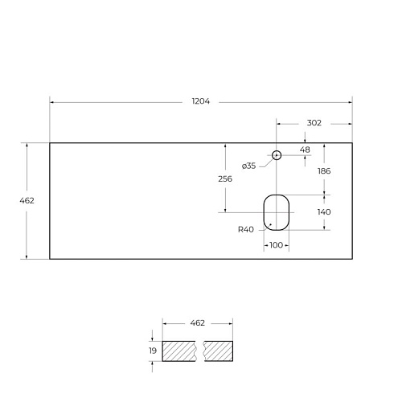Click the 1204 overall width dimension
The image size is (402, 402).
(x=201, y=101)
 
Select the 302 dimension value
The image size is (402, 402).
(x=314, y=123)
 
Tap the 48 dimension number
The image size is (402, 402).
(x=305, y=150)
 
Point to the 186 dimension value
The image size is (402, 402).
(x=324, y=171)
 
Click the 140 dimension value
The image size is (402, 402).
(x=324, y=212)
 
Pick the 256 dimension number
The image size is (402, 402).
(x=225, y=179)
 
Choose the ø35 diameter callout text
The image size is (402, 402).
(x=248, y=166)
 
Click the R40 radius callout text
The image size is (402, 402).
(x=246, y=229)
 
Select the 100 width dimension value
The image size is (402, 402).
(x=276, y=245)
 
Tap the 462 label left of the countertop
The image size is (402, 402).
(x=27, y=200)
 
